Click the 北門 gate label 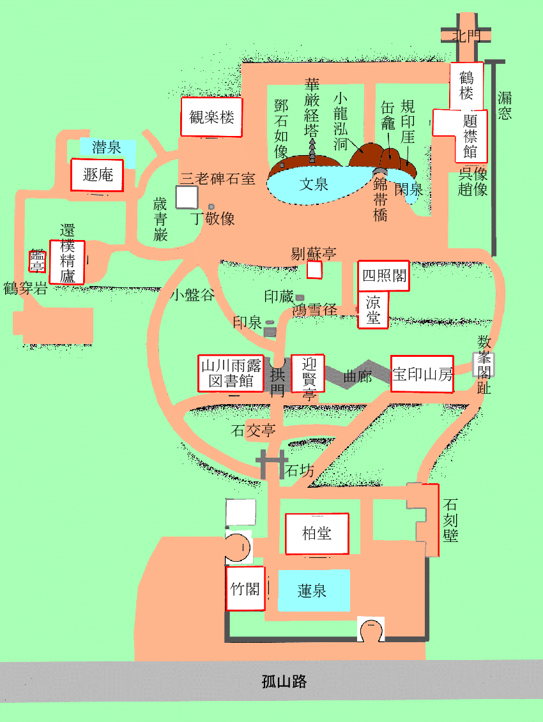(466, 36)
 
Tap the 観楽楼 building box (211, 117)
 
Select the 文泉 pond (314, 184)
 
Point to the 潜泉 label (107, 148)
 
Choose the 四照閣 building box (383, 276)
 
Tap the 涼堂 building (372, 310)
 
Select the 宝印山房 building (422, 374)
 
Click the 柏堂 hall (317, 533)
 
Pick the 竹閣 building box (245, 589)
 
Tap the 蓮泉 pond (312, 590)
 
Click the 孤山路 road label (284, 681)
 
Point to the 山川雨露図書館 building (231, 373)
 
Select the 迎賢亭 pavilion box (308, 373)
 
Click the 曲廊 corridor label (357, 377)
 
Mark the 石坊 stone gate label (299, 472)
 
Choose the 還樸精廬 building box (68, 262)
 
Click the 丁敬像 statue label (213, 219)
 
